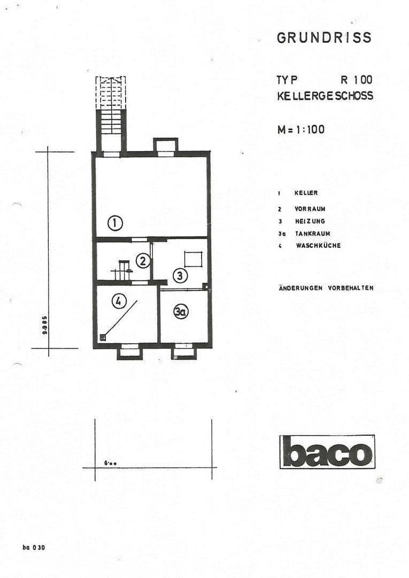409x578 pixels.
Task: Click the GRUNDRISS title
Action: pyautogui.click(x=324, y=37)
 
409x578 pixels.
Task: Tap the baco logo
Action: pyautogui.click(x=327, y=452)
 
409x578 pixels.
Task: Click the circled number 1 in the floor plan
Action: pyautogui.click(x=115, y=223)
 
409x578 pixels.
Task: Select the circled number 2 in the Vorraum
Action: pyautogui.click(x=142, y=261)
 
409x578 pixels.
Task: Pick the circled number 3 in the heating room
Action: pyautogui.click(x=180, y=276)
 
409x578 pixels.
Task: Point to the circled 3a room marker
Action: pyautogui.click(x=181, y=311)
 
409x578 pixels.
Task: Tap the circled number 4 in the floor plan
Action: pyautogui.click(x=119, y=301)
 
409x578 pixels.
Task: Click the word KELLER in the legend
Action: pyautogui.click(x=306, y=193)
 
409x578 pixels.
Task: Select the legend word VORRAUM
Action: pyautogui.click(x=310, y=209)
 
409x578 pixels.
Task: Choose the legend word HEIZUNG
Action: pyautogui.click(x=310, y=221)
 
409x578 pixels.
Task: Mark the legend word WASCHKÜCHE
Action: pyautogui.click(x=318, y=246)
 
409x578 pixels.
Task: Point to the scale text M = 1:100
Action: pyautogui.click(x=300, y=129)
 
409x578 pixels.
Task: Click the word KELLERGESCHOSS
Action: pyautogui.click(x=325, y=96)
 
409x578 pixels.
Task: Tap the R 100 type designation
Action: pyautogui.click(x=356, y=80)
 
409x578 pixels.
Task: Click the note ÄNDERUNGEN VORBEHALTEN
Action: pyautogui.click(x=326, y=288)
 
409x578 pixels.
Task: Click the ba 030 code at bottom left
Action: pyautogui.click(x=34, y=547)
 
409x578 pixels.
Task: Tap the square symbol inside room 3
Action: pyautogui.click(x=193, y=260)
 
